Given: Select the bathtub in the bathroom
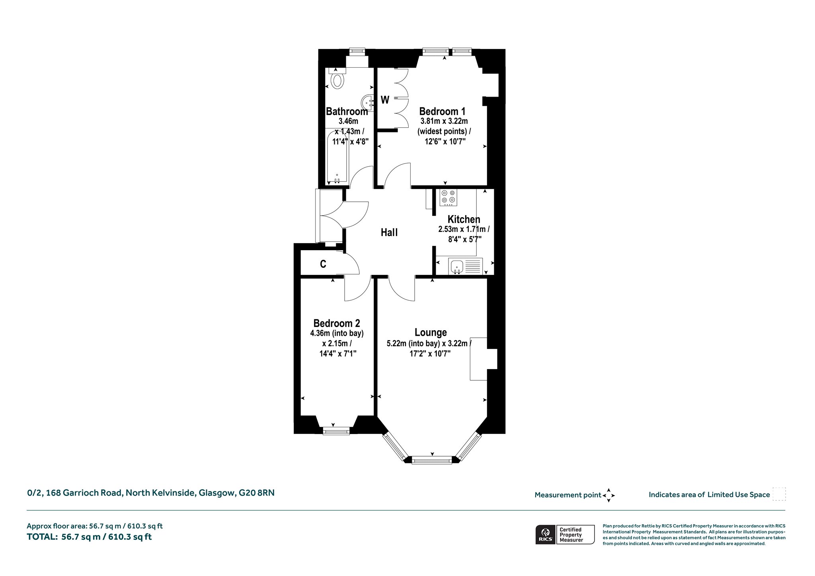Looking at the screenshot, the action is (337, 158).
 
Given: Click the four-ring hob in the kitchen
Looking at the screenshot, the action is (448, 198).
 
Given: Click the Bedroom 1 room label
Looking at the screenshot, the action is (442, 111).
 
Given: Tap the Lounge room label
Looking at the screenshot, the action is (431, 332).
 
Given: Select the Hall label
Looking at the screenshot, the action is (389, 232).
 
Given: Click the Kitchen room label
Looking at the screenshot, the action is (464, 219).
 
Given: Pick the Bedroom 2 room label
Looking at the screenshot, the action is (337, 323).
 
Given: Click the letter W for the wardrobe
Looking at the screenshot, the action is (385, 100).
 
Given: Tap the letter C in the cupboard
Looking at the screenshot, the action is (323, 264).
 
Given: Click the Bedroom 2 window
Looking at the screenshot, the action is (336, 431).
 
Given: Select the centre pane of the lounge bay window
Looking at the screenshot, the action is (432, 461).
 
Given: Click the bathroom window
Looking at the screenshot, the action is (357, 51).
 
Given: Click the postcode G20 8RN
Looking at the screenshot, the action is (257, 493).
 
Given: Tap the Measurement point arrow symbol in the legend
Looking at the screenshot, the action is (608, 495).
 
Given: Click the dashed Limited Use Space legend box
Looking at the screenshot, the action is (779, 494).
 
